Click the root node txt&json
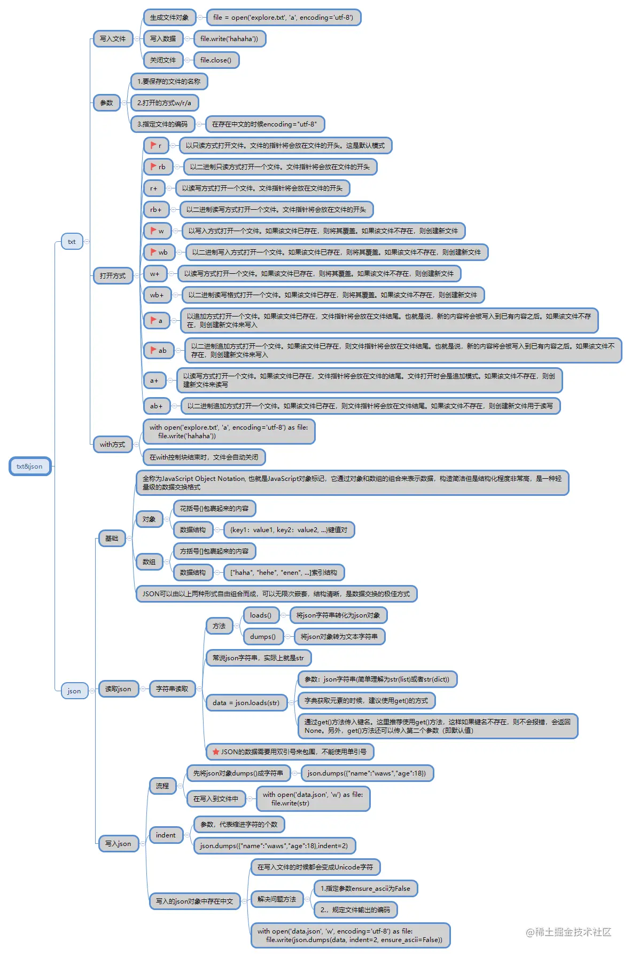pos(30,466)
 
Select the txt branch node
pos(72,242)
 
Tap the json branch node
pos(74,691)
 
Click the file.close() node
pos(216,60)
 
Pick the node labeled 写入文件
pos(113,39)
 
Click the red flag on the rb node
pos(153,167)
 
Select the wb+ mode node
pos(157,295)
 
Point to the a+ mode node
pos(154,381)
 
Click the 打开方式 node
pos(113,276)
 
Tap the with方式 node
pos(113,445)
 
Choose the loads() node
pos(261,615)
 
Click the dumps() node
pos(263,637)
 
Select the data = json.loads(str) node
pos(246,703)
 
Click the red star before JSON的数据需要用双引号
pos(216,752)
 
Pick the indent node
pos(166,835)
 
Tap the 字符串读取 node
pos(172,689)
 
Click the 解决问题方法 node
pos(277,899)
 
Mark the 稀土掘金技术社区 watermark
pos(568,932)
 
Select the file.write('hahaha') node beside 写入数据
pos(229,39)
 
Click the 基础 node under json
pos(112,539)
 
